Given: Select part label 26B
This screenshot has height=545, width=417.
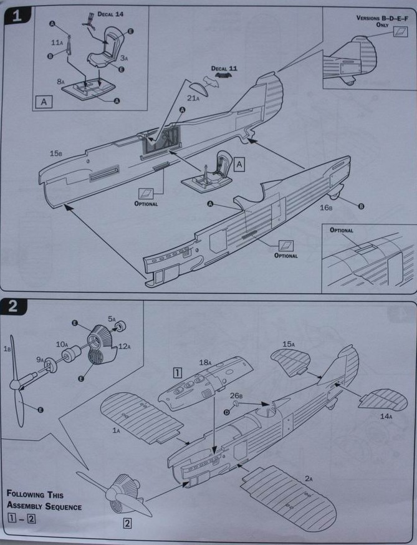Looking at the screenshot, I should pos(236,395).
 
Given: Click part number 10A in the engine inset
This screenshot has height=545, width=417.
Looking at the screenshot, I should pos(62,344).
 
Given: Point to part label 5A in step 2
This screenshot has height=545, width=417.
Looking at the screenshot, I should pos(112,319).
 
